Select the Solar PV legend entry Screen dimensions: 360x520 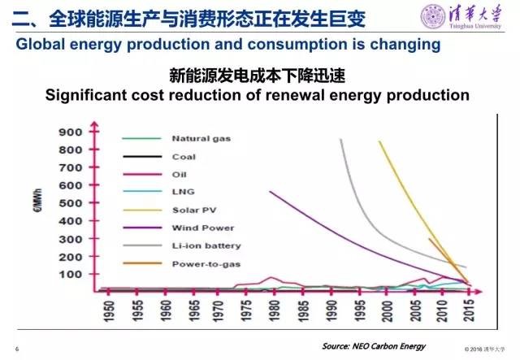coord(193,210)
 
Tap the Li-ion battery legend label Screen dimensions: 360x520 coord(206,245)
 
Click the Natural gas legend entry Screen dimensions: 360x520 coord(201,138)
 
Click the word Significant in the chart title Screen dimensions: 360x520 coord(89,95)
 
